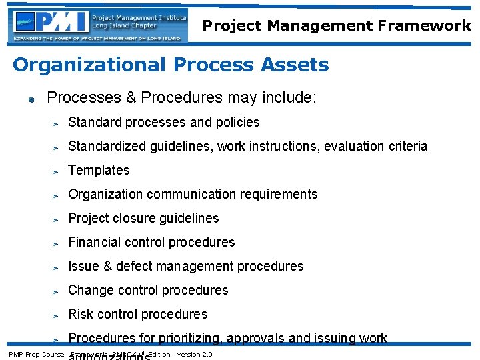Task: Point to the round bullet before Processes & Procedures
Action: (x=30, y=100)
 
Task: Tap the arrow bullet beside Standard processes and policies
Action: (x=57, y=123)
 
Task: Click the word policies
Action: (x=238, y=123)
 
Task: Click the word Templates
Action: (x=99, y=171)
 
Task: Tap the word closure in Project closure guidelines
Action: (x=137, y=219)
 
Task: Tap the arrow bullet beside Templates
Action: (x=57, y=171)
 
